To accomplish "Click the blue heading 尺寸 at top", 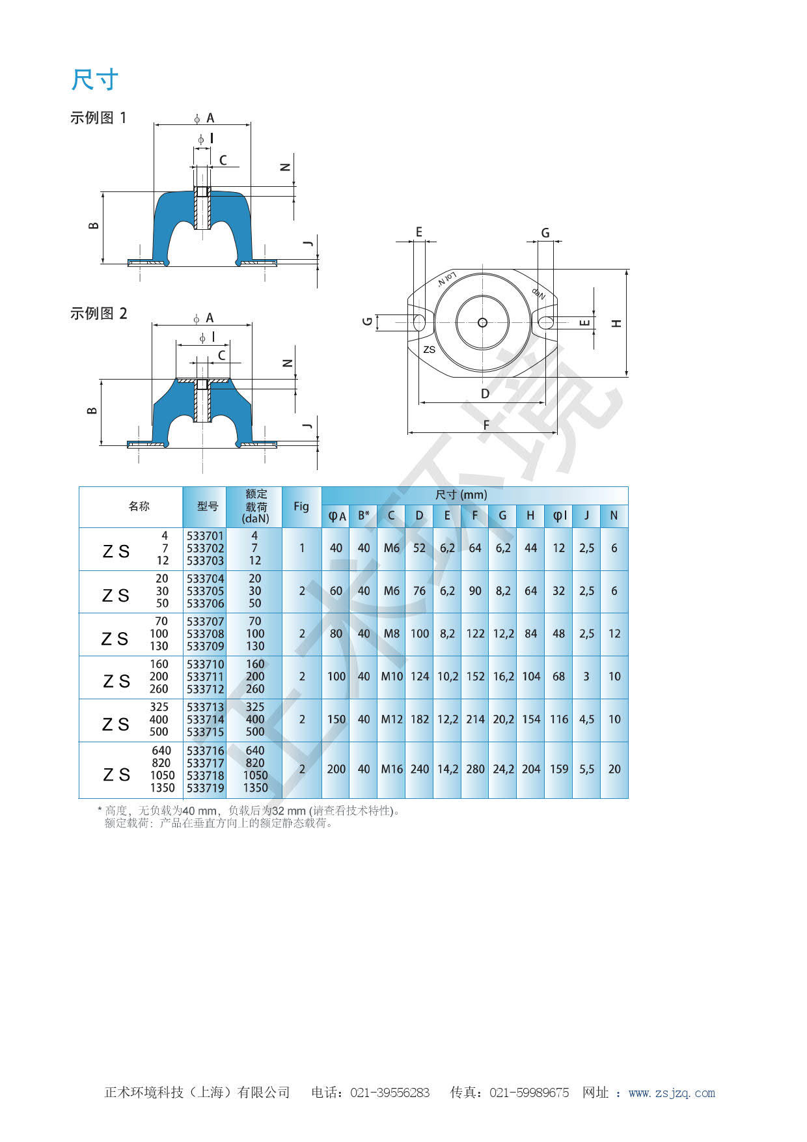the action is pos(95,80).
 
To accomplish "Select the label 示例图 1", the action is pos(98,118).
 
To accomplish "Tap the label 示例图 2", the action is pos(98,313).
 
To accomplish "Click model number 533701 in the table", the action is pos(205,536).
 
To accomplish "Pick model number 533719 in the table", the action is pos(205,788).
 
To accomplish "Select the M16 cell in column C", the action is pos(392,769).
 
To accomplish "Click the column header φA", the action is pos(336,516).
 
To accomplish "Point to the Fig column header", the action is pos(301,506).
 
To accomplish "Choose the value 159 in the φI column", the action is pos(559,769).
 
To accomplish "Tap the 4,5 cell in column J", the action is pos(587,719).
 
